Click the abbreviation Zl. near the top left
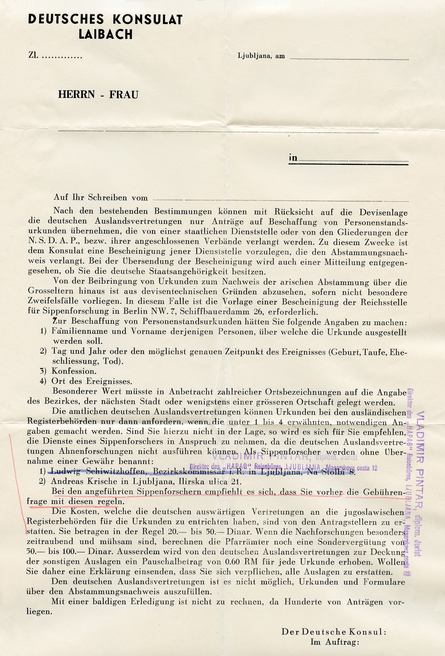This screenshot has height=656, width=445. coord(33,56)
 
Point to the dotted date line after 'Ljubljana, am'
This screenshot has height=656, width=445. coord(349,59)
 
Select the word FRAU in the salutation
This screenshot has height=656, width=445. coord(124,95)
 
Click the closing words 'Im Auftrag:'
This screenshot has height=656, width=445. coord(335,649)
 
